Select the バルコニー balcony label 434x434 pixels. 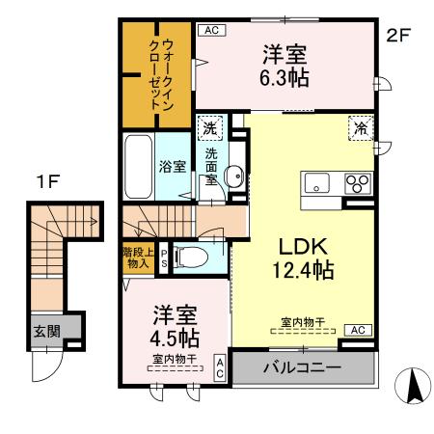point(301,367)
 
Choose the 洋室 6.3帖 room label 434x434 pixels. point(285,67)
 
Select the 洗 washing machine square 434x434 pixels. point(209,125)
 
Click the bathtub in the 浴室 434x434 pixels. point(141,165)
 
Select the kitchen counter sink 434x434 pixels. point(317,183)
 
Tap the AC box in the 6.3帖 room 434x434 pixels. point(212,30)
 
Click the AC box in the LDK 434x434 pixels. point(356,330)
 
